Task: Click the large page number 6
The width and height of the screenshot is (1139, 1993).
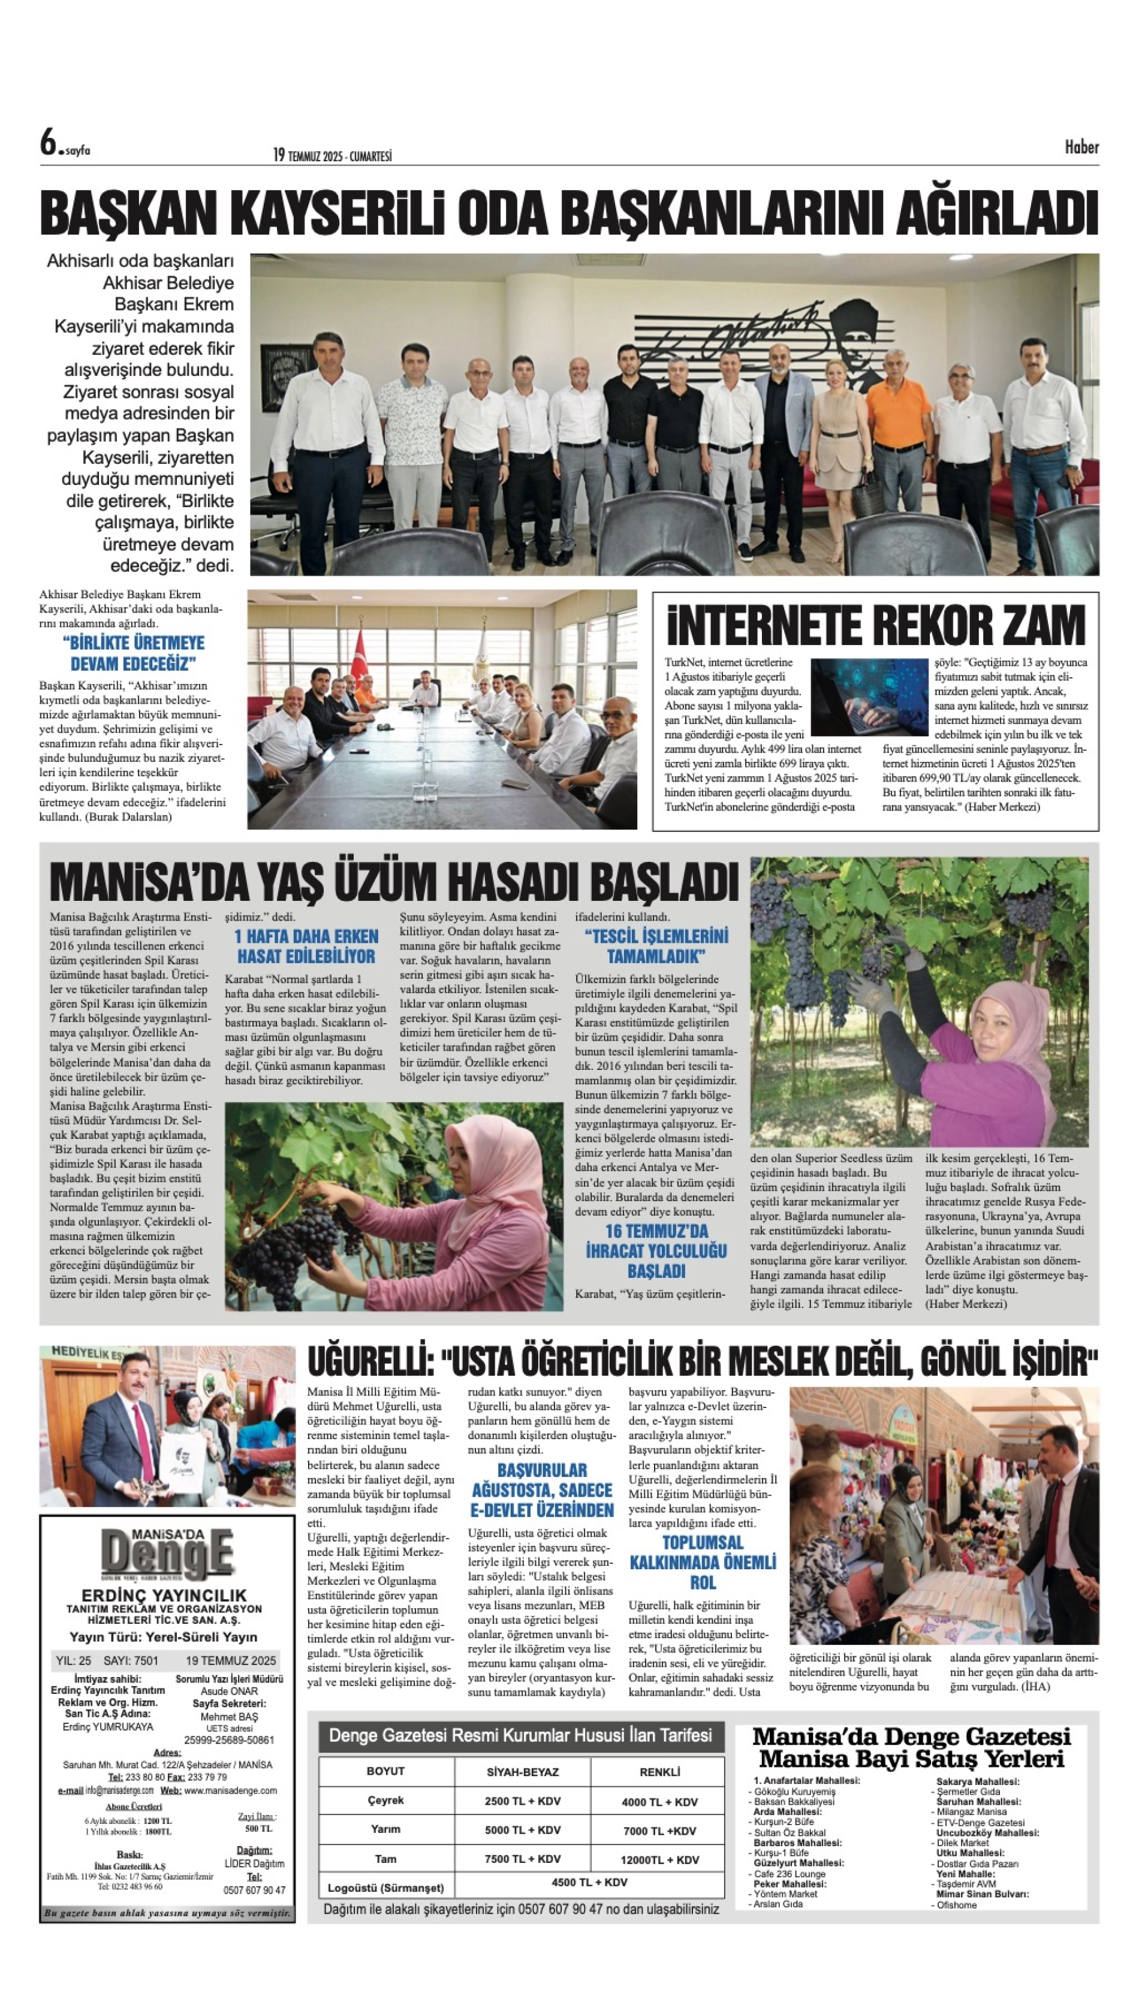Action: pos(49,143)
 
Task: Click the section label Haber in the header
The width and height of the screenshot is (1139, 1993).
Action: pos(1081,147)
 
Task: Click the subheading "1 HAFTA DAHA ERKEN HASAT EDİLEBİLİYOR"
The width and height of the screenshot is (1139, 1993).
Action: pos(306,946)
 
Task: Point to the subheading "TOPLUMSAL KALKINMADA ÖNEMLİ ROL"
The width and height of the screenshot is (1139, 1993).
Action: pos(703,1562)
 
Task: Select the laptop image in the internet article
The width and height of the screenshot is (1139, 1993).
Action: pos(868,695)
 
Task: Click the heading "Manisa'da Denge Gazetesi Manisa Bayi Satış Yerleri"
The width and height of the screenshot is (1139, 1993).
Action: pos(911,1747)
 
